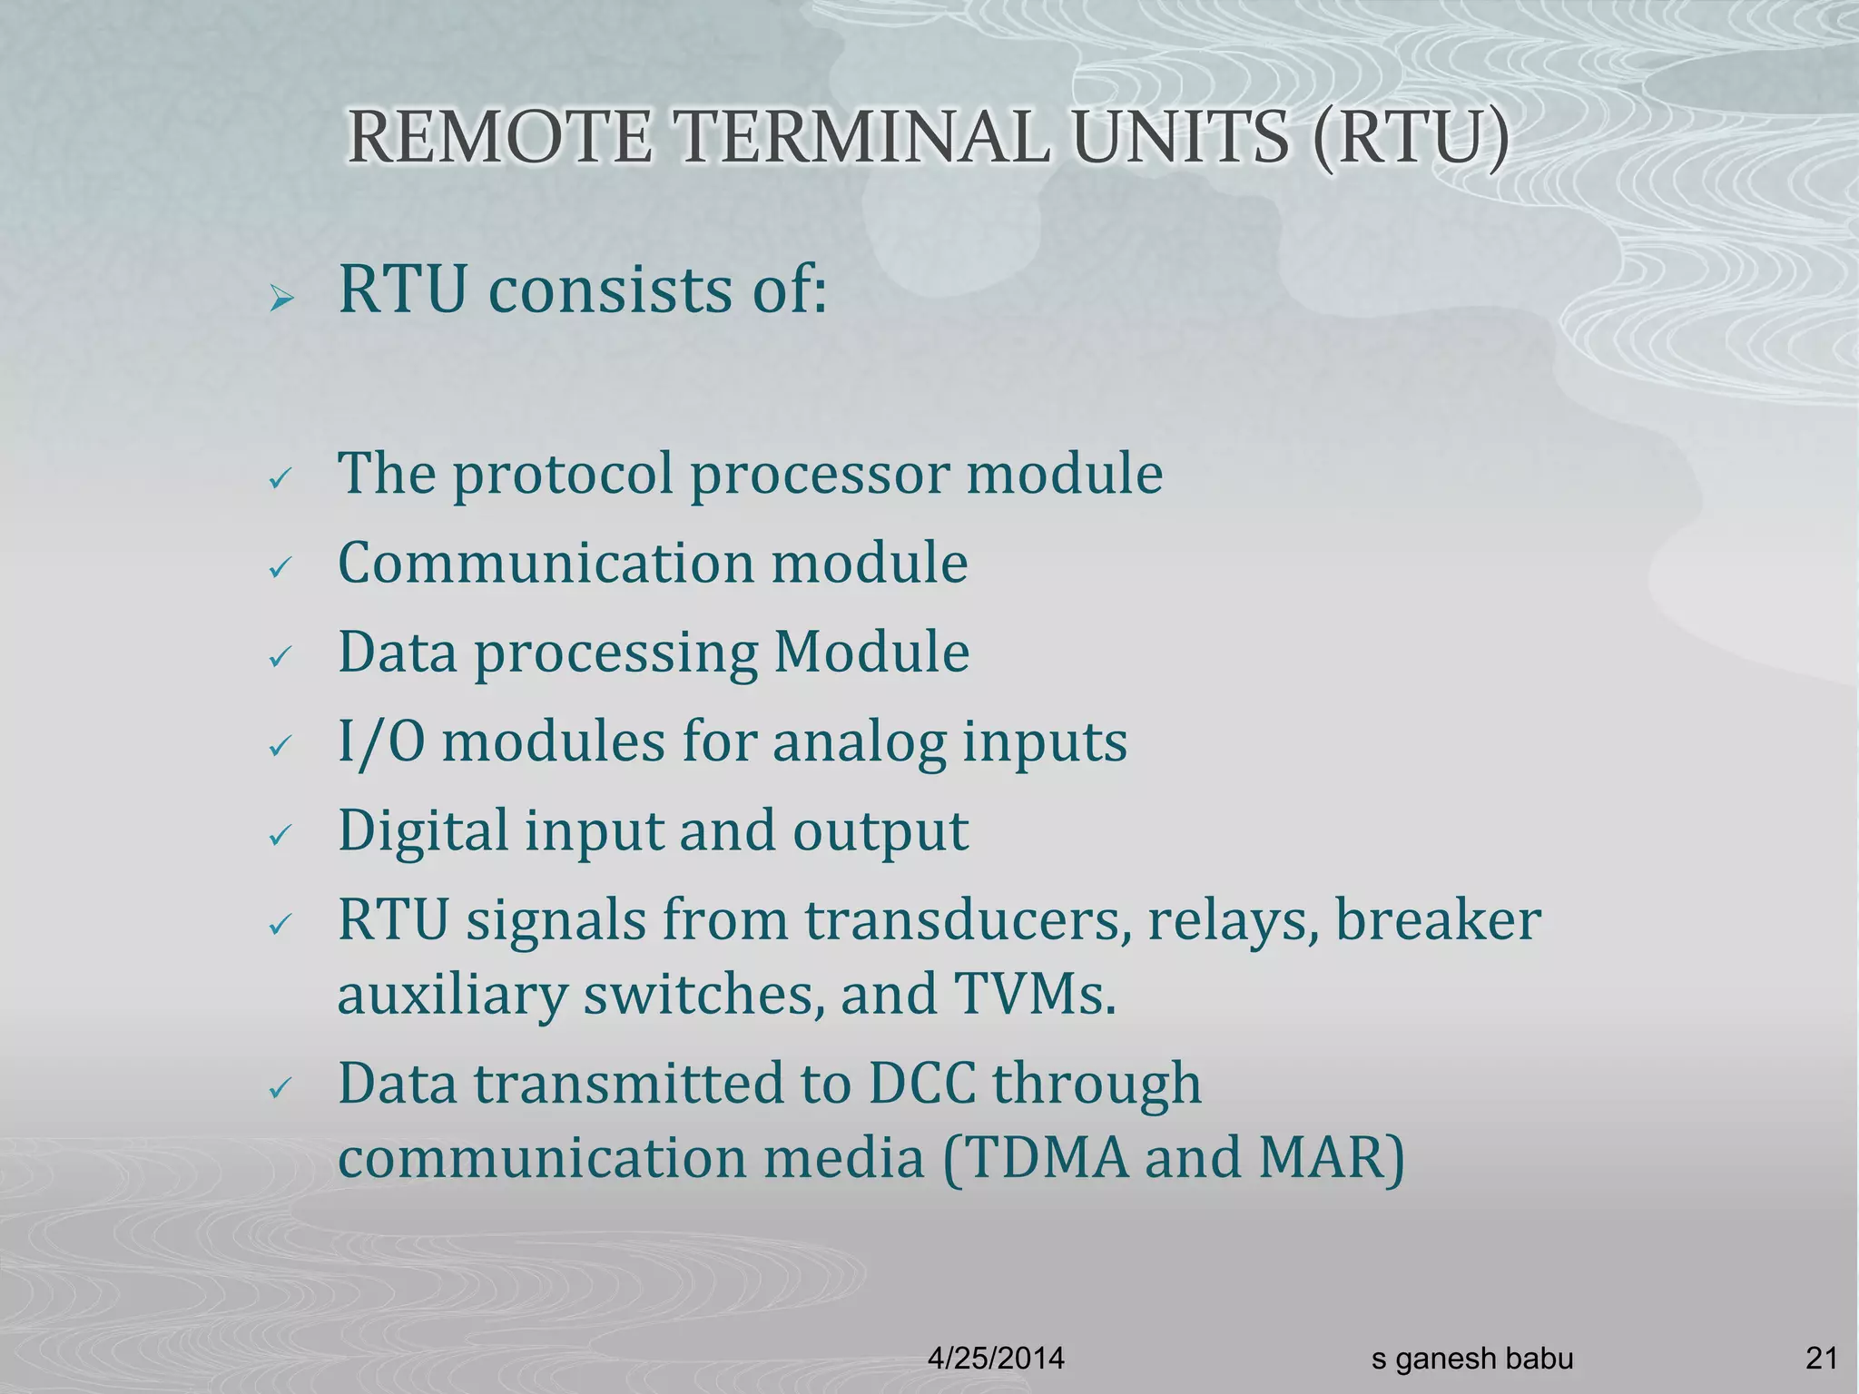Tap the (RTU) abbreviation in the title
pyautogui.click(x=1411, y=138)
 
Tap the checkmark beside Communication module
pyautogui.click(x=280, y=569)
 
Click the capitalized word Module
pyautogui.click(x=871, y=652)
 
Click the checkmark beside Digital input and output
pyautogui.click(x=280, y=836)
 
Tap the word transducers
pyautogui.click(x=969, y=920)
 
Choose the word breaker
pyautogui.click(x=1438, y=920)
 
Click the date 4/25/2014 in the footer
pyautogui.click(x=996, y=1359)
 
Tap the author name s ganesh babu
pyautogui.click(x=1472, y=1359)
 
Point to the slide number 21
pyautogui.click(x=1822, y=1359)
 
